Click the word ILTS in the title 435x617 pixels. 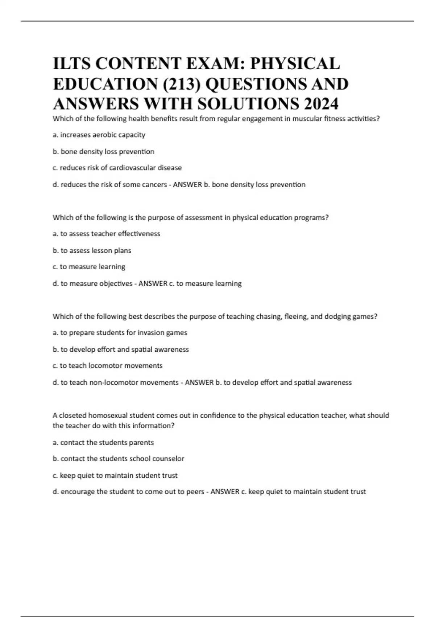pos(71,64)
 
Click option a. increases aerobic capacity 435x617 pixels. pos(99,135)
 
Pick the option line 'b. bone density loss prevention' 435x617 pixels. pos(103,152)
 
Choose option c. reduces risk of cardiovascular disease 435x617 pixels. pos(117,168)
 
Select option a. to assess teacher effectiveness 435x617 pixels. pos(106,234)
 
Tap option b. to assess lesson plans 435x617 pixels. pos(92,250)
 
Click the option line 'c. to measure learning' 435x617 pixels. pos(89,267)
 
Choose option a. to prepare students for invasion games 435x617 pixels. pos(120,333)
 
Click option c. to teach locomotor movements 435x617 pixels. pos(107,366)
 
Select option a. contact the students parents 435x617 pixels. pos(103,443)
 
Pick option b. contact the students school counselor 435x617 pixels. pos(118,459)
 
